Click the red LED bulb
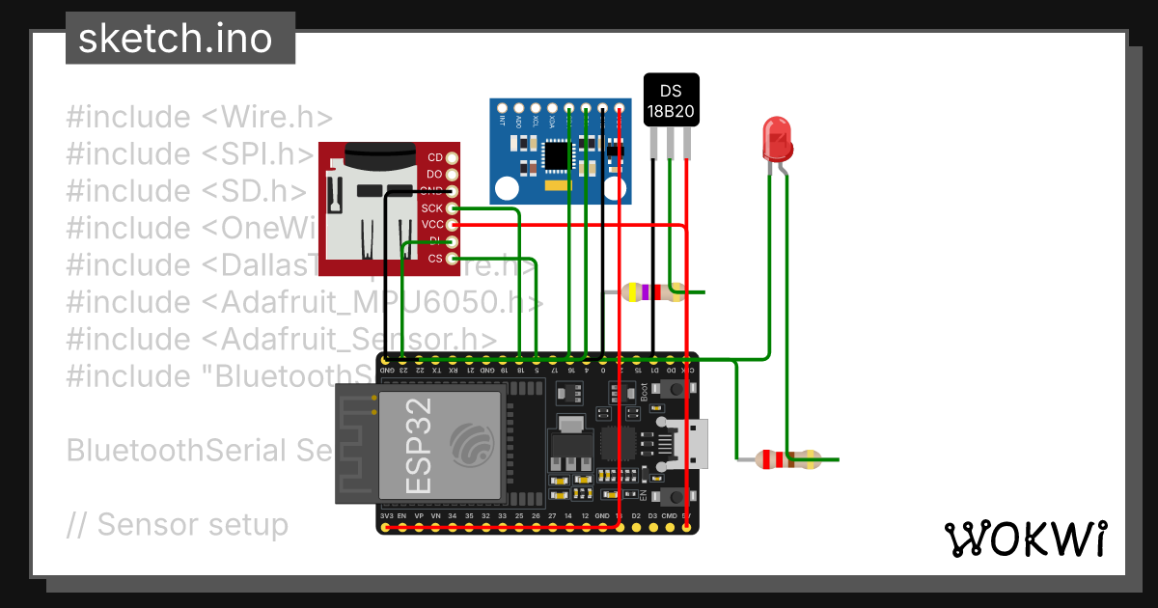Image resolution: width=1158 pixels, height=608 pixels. [x=778, y=138]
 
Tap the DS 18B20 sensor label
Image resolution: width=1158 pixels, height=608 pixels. [x=671, y=101]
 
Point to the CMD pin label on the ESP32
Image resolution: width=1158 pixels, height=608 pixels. [x=669, y=517]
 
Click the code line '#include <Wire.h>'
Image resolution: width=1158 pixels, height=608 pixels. [x=199, y=118]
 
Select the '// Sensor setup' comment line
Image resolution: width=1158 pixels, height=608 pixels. [x=178, y=525]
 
